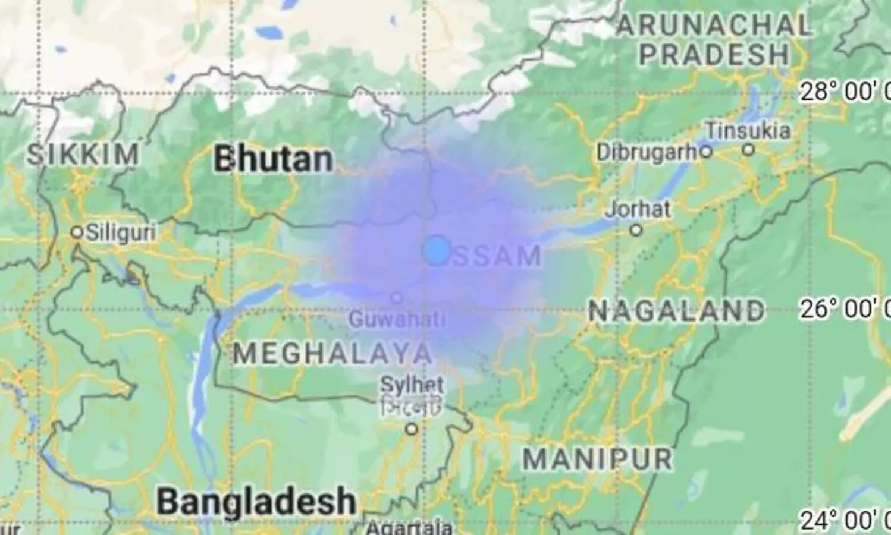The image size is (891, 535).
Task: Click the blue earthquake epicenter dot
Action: point(437,250)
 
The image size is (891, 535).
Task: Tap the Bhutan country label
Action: point(273,159)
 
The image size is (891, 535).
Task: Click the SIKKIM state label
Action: point(83,155)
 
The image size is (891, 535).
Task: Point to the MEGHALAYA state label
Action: point(332,354)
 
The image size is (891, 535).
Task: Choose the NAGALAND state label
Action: point(676,310)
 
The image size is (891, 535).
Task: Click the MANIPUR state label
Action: point(597,458)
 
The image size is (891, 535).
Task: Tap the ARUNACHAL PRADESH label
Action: point(714,40)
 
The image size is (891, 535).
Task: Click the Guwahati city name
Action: point(397,319)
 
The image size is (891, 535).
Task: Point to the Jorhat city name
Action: point(638,209)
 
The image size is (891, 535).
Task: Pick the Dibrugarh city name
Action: point(647,152)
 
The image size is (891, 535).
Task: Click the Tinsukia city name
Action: point(748,131)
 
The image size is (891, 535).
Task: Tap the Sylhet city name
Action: point(412,385)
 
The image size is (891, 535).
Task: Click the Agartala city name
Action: point(409,527)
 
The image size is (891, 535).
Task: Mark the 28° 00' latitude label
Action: point(845,92)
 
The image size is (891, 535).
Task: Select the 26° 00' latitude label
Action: point(845,309)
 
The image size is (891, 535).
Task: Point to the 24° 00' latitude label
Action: point(845,521)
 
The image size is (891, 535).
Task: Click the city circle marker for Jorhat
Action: point(636,229)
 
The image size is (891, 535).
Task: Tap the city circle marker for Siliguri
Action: point(76,232)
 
